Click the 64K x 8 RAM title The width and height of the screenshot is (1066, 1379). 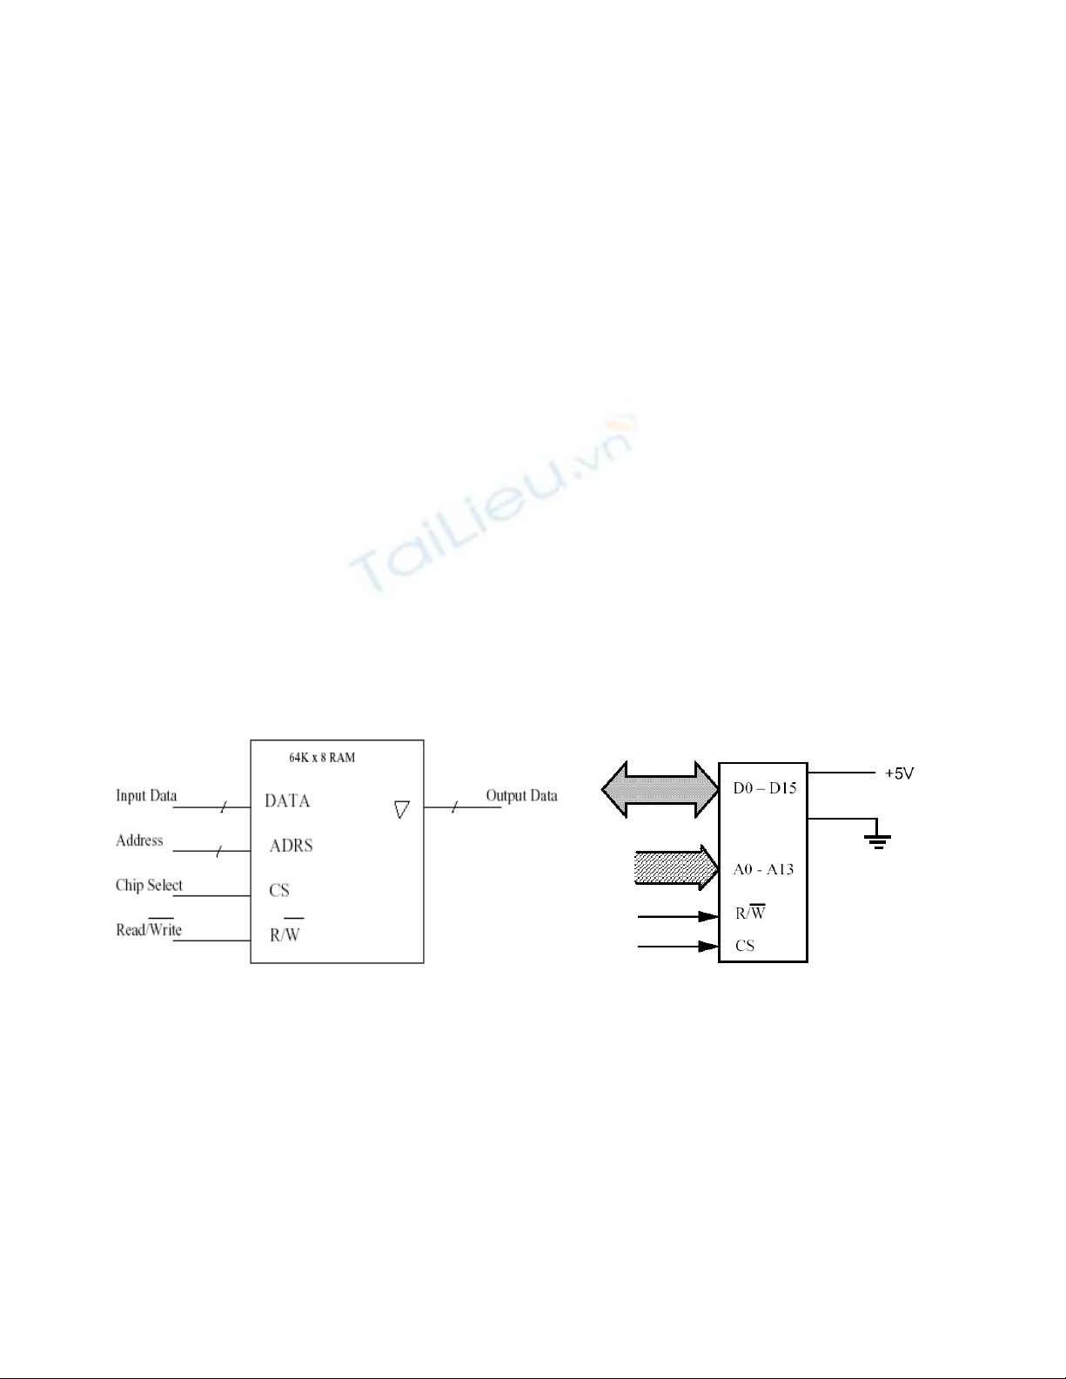pos(322,758)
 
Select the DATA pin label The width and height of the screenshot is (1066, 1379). pos(287,801)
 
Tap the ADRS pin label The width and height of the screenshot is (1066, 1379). pos(292,846)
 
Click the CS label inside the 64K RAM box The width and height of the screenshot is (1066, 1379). pos(279,890)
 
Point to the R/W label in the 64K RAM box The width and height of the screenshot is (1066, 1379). pos(285,932)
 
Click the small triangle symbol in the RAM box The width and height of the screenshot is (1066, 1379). pos(402,809)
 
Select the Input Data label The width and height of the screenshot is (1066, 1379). pos(146,796)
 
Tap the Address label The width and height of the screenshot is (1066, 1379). pos(139,840)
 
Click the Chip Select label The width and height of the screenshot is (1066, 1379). pos(149,886)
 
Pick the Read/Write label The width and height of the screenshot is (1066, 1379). pos(149,927)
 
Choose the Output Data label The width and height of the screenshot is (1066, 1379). pos(521,796)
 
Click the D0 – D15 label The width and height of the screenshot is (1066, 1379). pos(765,788)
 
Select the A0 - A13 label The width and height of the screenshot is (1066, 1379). pos(763,869)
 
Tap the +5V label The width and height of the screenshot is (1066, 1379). pos(899,773)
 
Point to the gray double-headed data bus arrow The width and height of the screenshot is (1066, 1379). pos(660,789)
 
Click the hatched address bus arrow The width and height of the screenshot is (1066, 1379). pos(676,867)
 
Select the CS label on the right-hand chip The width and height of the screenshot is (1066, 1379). pos(745,946)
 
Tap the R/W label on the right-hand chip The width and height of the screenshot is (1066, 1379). pos(750,912)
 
